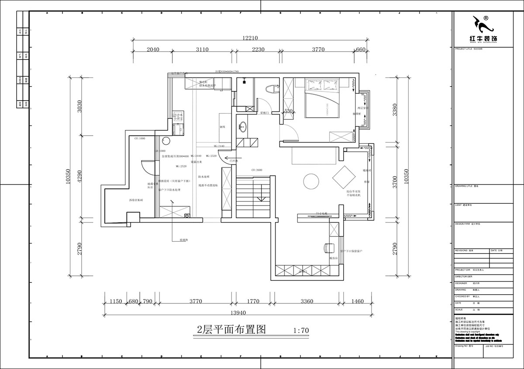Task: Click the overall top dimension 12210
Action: coord(247,38)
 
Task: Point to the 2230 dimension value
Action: coord(258,50)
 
